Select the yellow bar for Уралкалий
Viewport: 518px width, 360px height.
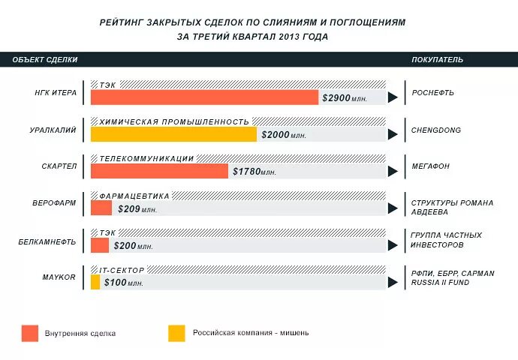pos(173,134)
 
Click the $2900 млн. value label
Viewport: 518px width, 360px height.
pos(345,98)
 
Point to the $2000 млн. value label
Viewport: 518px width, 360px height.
pos(284,135)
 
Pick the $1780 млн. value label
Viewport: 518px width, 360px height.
pos(254,172)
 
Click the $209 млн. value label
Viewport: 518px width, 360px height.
pos(137,208)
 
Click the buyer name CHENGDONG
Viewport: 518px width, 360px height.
pos(436,130)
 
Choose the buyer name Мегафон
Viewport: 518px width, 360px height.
pos(431,166)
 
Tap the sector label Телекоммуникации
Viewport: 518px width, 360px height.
pos(146,158)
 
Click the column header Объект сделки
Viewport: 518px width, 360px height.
pos(44,59)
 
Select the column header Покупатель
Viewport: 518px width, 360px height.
pos(437,59)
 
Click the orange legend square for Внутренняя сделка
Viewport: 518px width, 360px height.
pos(30,333)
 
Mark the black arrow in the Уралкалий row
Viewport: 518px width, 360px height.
pos(392,135)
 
